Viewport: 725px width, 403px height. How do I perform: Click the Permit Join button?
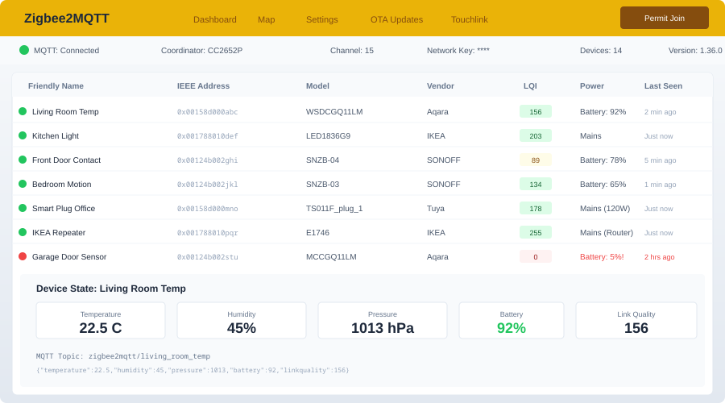pyautogui.click(x=664, y=18)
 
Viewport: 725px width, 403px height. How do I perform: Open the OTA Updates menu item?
pyautogui.click(x=396, y=19)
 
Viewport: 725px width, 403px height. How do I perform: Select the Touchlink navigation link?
pyautogui.click(x=469, y=19)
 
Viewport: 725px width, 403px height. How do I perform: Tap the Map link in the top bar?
pyautogui.click(x=266, y=19)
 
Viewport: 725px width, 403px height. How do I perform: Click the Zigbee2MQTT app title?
pyautogui.click(x=67, y=19)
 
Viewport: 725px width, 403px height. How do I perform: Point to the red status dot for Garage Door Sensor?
pyautogui.click(x=23, y=256)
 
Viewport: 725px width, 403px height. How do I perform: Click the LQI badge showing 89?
pyautogui.click(x=535, y=160)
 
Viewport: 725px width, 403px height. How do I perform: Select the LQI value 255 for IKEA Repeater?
pyautogui.click(x=535, y=232)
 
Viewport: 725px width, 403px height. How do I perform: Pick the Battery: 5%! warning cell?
pyautogui.click(x=601, y=256)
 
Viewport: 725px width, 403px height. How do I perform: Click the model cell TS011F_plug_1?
pyautogui.click(x=334, y=208)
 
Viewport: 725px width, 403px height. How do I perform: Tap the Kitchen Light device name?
pyautogui.click(x=56, y=135)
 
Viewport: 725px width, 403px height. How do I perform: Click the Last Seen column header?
pyautogui.click(x=663, y=85)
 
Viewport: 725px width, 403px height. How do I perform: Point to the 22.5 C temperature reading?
pyautogui.click(x=101, y=328)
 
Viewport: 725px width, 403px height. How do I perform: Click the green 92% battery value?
pyautogui.click(x=511, y=328)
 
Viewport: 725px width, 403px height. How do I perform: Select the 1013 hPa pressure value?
pyautogui.click(x=382, y=328)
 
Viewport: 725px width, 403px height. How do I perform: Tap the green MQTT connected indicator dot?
pyautogui.click(x=24, y=50)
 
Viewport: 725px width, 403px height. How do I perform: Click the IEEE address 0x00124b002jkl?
pyautogui.click(x=207, y=184)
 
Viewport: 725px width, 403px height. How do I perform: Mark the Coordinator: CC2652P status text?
pyautogui.click(x=201, y=50)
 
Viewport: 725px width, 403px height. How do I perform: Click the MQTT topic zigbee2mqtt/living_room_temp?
pyautogui.click(x=149, y=355)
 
